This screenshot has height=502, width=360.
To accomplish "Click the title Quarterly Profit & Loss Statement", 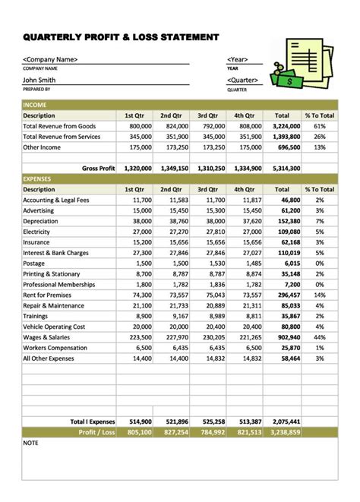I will [x=122, y=36].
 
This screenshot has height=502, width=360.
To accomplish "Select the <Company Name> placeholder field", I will [x=50, y=59].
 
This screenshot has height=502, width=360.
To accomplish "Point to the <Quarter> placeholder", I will [x=243, y=80].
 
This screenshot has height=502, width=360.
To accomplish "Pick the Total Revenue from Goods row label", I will [x=59, y=126].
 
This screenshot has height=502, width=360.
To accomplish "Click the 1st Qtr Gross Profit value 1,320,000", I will [x=137, y=168].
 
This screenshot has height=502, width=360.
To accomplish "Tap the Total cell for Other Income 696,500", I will [x=288, y=147].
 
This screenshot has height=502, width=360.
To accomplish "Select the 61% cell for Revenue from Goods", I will [x=319, y=126].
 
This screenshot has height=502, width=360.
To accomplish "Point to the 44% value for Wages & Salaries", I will [x=319, y=336].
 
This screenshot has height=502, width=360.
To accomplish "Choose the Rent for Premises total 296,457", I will [x=288, y=295].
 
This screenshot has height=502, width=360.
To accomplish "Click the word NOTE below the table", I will [x=31, y=442].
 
